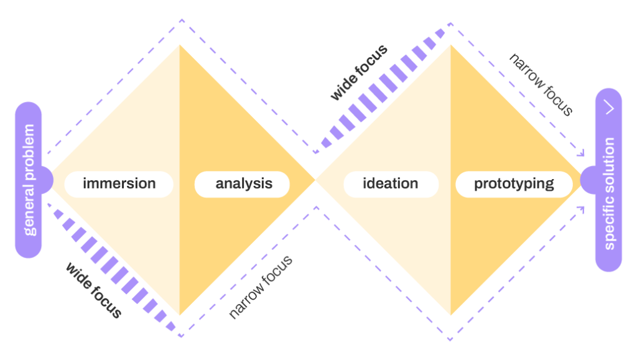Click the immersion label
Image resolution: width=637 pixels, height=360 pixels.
(119, 184)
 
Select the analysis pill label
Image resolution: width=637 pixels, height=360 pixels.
(243, 184)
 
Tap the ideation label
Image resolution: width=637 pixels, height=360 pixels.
(391, 184)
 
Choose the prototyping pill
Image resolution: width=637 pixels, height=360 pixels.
(514, 184)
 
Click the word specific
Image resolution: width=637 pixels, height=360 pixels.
(609, 224)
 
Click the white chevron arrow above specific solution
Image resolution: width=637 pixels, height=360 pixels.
(610, 108)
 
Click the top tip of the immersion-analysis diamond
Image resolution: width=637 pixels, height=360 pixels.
(180, 44)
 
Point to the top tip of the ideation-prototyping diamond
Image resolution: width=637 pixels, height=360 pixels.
(450, 44)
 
